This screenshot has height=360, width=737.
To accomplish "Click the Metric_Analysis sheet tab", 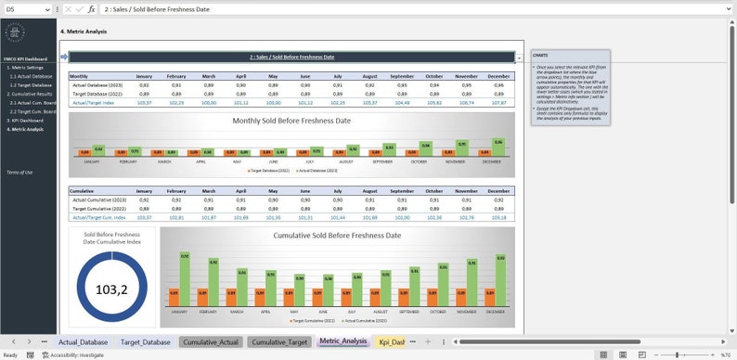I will tap(343, 342).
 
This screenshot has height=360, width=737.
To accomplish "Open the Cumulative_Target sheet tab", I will tap(279, 342).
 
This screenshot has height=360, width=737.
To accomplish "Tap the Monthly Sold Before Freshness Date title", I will tap(292, 121).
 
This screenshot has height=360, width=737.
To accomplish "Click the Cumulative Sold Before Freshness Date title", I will tap(337, 236).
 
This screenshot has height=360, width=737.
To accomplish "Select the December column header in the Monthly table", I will tap(498, 76).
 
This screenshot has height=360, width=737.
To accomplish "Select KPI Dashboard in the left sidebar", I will tap(26, 121).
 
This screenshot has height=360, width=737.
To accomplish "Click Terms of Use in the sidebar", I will tap(19, 173).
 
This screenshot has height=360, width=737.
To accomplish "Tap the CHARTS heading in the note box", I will tap(540, 55).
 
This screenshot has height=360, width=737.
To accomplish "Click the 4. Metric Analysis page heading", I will tap(84, 32).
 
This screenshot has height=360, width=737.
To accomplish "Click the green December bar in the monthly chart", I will tap(498, 148).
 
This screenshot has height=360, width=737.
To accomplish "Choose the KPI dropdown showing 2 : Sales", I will tap(291, 58).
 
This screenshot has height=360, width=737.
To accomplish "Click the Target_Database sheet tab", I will tap(145, 342).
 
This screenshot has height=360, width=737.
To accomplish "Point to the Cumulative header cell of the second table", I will tap(82, 191).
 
